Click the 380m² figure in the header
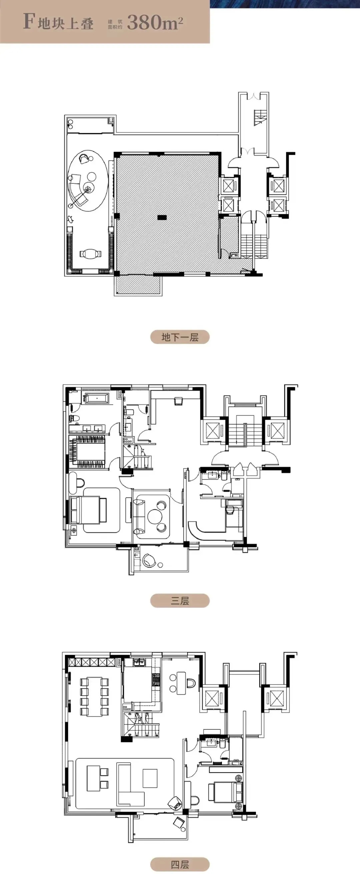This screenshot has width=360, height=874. click(155, 22)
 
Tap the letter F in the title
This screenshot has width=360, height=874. click(29, 21)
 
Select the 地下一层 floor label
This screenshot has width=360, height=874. click(180, 337)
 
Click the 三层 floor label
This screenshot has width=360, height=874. click(180, 601)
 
